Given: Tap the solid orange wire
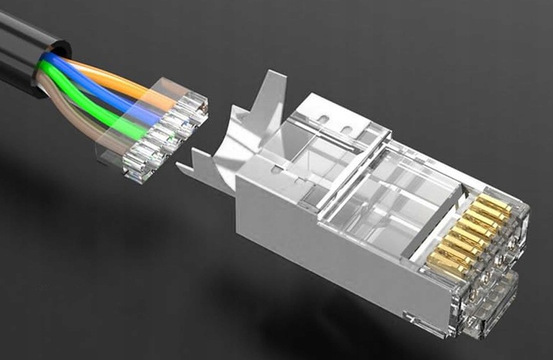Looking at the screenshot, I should (115, 78).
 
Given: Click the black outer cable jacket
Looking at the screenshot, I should (19, 46).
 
